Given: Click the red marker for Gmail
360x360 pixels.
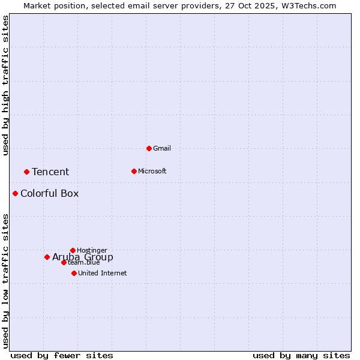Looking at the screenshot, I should (149, 148).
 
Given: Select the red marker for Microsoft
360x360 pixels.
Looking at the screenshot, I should (134, 171).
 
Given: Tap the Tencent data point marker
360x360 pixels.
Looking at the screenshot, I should (26, 172).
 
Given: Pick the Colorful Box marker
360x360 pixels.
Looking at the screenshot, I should (15, 193).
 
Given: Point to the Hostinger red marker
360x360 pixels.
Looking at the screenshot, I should (73, 250).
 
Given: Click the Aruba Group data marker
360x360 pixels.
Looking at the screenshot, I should (47, 257).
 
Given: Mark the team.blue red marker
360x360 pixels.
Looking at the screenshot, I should (64, 262).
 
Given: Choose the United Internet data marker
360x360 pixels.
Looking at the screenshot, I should (74, 273).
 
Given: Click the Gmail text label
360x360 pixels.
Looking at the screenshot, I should (162, 148).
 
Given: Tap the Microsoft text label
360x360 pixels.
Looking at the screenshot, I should (152, 171).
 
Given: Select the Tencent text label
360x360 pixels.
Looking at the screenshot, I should (50, 172).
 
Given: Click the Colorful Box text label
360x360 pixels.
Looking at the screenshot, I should (49, 194).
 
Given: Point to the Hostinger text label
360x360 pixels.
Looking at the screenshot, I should (92, 250).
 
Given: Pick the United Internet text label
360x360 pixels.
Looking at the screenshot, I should (102, 273).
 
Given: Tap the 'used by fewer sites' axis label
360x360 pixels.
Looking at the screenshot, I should (62, 355).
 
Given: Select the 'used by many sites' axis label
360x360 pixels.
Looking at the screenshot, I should (301, 355).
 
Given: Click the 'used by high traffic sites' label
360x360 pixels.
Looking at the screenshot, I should (5, 85).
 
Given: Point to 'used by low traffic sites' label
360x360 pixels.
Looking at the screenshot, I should (5, 280).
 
